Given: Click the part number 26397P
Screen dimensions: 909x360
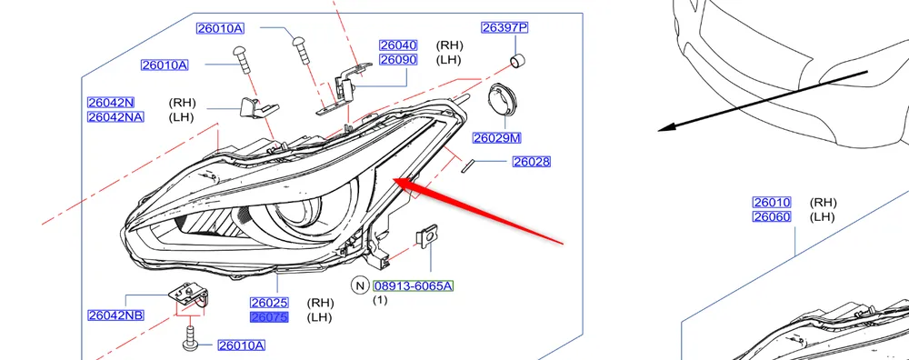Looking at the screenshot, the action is click(504, 27).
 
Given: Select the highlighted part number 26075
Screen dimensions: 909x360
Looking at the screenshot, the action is click(269, 317).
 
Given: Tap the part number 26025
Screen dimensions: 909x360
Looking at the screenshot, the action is click(269, 303).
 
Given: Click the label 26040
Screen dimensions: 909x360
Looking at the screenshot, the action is click(398, 45).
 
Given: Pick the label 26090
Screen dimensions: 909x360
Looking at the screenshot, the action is click(398, 60).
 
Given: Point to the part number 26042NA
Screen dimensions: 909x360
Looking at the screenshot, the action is click(115, 117).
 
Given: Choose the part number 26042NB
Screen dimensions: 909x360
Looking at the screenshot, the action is click(115, 315).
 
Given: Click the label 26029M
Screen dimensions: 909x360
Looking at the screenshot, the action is click(497, 138).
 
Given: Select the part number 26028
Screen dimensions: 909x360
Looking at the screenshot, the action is click(532, 162).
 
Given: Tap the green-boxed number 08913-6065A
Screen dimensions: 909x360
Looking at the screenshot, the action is click(414, 285).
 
